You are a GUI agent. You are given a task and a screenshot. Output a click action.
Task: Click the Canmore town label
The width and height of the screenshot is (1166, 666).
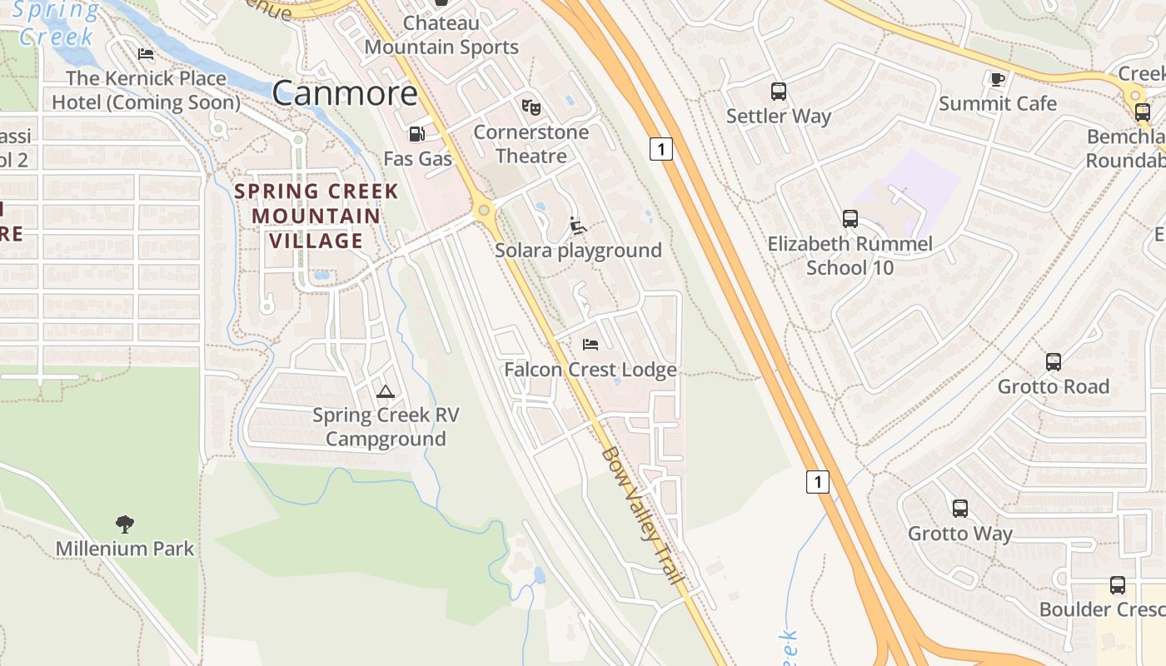345,93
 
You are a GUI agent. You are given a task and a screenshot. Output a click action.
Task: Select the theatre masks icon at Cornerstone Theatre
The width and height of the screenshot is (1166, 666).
531,107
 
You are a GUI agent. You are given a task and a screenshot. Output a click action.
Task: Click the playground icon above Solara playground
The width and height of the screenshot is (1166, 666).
577,225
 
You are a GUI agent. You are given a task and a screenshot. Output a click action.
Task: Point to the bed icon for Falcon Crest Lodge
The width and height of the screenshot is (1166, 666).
590,344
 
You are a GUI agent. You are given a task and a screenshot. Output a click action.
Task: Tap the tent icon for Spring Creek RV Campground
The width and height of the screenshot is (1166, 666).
385,391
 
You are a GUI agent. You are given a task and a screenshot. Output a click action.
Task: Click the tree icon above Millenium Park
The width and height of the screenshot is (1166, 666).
125,524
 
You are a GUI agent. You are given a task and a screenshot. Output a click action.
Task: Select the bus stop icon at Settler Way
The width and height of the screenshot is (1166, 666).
779,91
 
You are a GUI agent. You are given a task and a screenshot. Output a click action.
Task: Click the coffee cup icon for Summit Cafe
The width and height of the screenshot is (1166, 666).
997,79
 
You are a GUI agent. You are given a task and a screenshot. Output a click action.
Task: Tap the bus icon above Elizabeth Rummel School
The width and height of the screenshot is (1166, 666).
850,219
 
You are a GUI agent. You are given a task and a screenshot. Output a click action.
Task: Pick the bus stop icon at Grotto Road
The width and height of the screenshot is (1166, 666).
1054,362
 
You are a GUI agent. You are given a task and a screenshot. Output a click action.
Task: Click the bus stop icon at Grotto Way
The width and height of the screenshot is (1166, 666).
960,509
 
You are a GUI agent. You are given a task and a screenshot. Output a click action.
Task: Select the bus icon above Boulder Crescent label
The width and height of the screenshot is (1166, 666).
1117,585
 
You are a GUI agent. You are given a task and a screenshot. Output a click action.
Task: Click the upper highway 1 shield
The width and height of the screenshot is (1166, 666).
660,149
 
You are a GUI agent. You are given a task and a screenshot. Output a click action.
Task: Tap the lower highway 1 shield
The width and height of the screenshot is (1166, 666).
818,481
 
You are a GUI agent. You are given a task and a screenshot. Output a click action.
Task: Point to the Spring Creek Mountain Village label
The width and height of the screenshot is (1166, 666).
316,216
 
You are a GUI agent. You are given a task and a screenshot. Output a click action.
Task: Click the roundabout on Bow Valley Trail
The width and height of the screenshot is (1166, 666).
484,211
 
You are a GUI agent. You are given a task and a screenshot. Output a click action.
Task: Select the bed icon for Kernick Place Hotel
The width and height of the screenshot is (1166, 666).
146,54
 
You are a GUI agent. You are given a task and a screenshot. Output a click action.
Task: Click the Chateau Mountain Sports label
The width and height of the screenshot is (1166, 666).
441,35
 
